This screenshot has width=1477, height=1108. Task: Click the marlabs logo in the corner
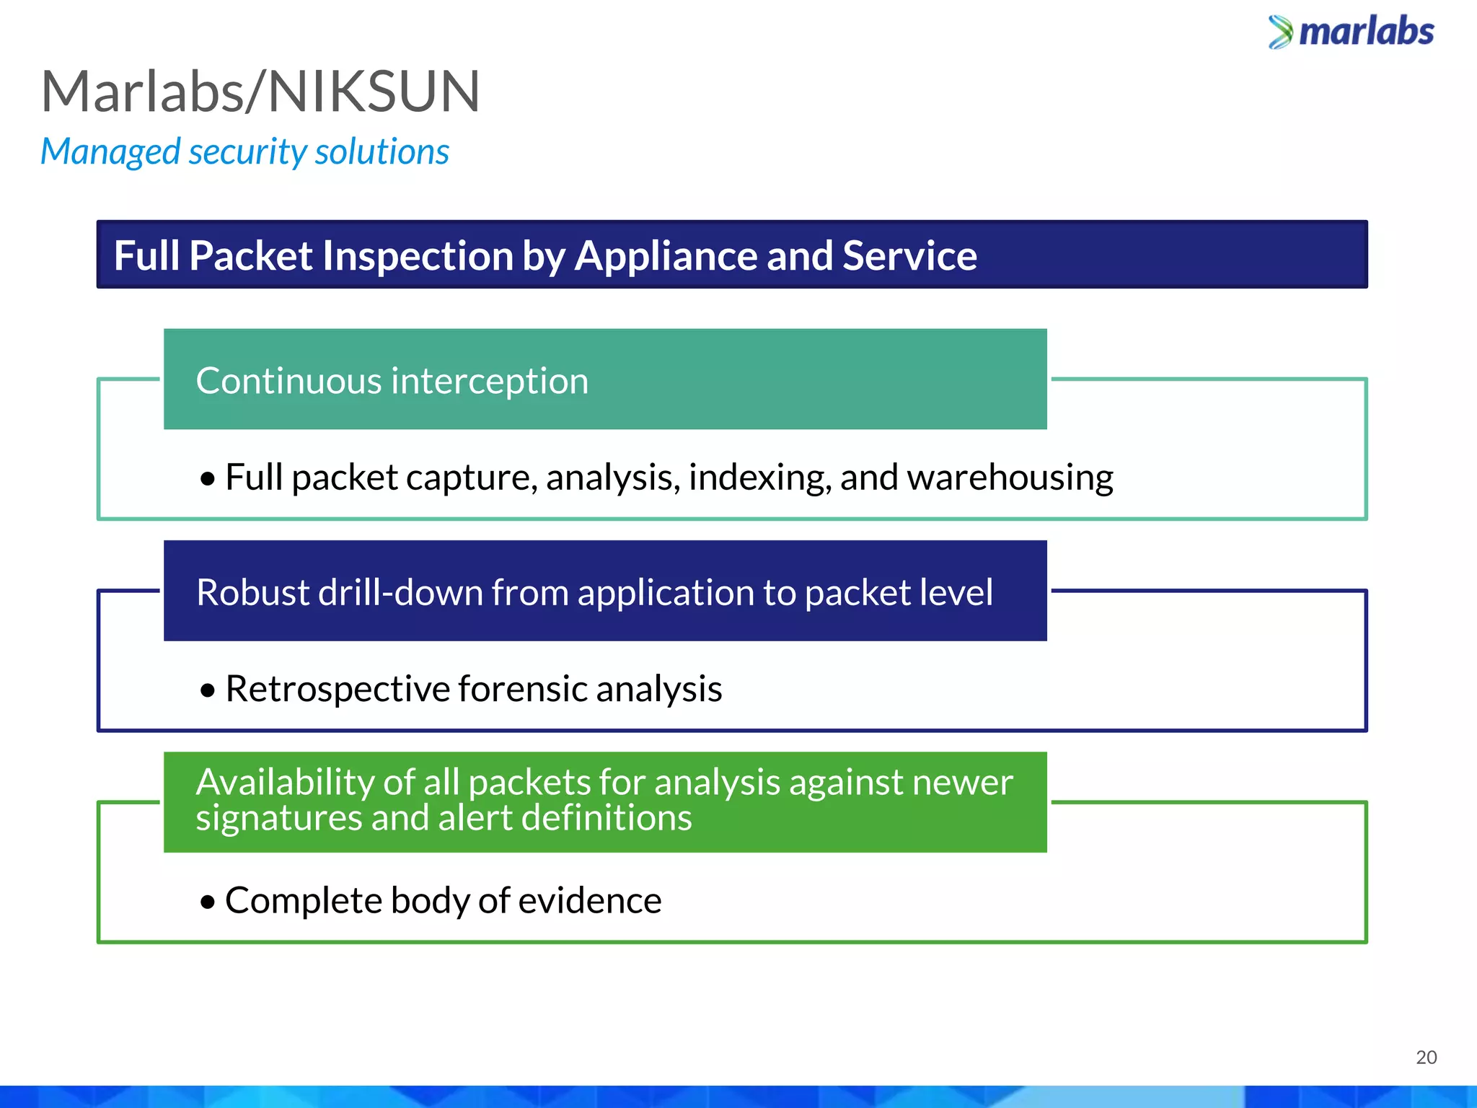coord(1351,32)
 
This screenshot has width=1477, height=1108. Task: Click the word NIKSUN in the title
coord(373,92)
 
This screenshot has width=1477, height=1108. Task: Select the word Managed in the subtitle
coord(110,152)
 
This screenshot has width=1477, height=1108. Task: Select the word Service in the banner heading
coord(909,256)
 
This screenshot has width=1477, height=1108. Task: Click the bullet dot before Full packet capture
coord(208,479)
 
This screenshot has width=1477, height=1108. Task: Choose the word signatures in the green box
coord(279,818)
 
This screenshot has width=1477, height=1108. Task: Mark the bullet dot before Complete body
coord(208,902)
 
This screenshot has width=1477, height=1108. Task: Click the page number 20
coord(1426,1058)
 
